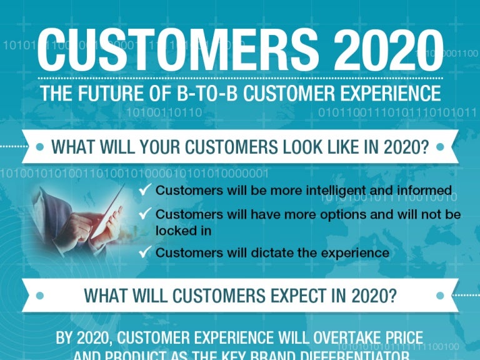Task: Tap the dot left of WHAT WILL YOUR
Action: (x=40, y=147)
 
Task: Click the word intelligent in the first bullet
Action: (x=296, y=190)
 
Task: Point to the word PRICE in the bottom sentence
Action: (x=400, y=338)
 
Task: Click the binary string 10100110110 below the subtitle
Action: (x=164, y=113)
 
